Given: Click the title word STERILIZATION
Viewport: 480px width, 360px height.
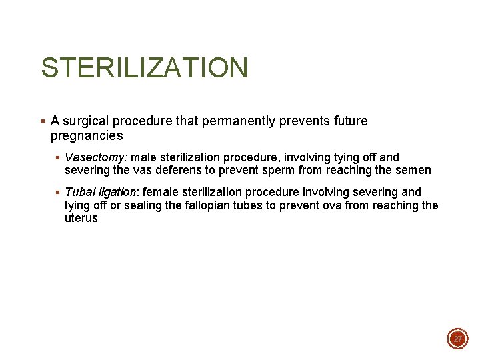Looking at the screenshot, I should (x=144, y=68).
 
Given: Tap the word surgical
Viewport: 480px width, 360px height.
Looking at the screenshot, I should (x=86, y=121).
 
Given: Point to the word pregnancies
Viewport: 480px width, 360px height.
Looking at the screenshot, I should (x=87, y=136).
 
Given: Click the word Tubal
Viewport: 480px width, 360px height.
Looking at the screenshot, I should (x=79, y=192).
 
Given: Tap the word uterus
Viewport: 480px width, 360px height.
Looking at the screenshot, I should (x=81, y=218).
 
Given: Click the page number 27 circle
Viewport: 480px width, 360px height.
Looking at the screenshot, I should (x=458, y=339).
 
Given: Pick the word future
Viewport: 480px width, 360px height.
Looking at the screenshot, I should (x=348, y=121).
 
